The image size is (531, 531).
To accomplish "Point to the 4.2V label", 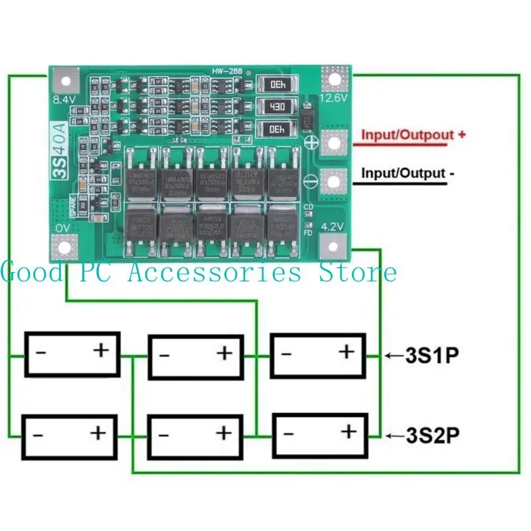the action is (x=333, y=226).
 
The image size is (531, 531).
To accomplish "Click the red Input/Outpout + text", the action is (x=412, y=135).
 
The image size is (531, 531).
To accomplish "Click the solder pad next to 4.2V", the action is (x=334, y=247).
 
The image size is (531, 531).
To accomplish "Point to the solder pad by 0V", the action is (x=64, y=248).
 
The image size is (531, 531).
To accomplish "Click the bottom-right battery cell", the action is (x=320, y=436).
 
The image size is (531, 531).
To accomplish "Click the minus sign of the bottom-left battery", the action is (x=38, y=435).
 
